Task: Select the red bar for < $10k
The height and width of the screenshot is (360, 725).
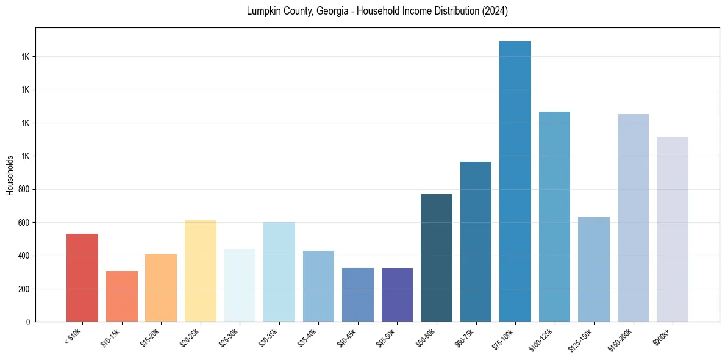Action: (x=82, y=278)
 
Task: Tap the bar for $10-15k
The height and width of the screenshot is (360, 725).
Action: (x=122, y=297)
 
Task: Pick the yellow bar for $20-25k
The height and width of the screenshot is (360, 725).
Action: (x=201, y=271)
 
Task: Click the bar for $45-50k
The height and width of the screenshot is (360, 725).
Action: (x=397, y=295)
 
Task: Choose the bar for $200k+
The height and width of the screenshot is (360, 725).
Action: (x=672, y=229)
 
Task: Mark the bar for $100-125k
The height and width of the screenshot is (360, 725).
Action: (x=554, y=217)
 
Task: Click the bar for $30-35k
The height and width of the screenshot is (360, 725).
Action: (x=279, y=272)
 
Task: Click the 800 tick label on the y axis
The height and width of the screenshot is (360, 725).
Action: (x=24, y=189)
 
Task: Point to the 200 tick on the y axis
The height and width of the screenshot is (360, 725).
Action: (x=24, y=289)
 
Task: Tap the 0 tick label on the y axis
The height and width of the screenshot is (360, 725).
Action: (x=28, y=322)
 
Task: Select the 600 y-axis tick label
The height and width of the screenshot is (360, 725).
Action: (x=24, y=222)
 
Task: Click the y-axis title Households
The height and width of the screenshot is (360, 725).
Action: (x=10, y=175)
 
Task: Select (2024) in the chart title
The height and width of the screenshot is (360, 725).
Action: (x=495, y=11)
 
